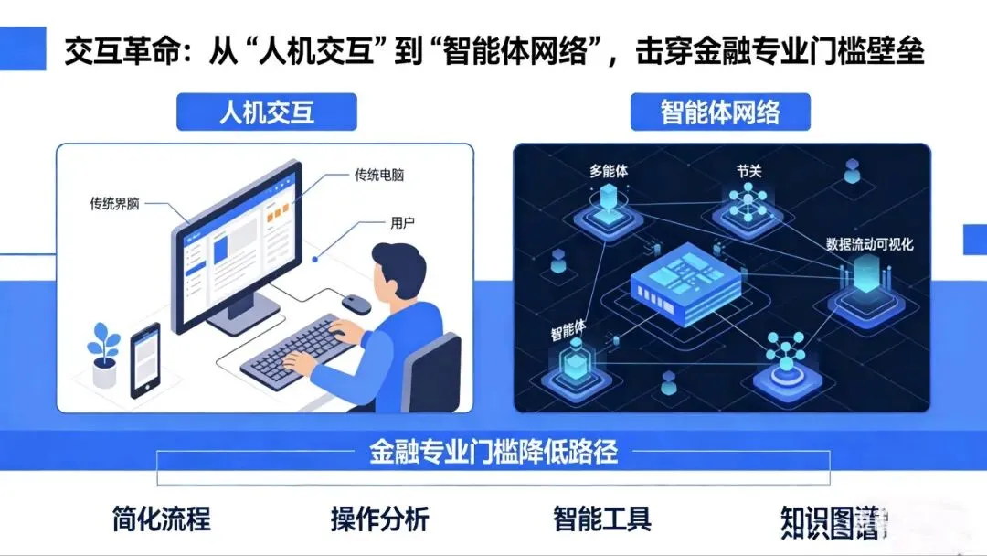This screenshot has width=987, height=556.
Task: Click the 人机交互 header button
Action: pyautogui.click(x=266, y=112)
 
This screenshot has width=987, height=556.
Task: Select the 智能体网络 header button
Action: pyautogui.click(x=720, y=112)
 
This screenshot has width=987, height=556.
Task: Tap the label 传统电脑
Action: pyautogui.click(x=378, y=175)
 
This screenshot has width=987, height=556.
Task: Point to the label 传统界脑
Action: pyautogui.click(x=114, y=203)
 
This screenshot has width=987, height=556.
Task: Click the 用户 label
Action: pyautogui.click(x=403, y=222)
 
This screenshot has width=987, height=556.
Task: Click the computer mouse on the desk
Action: pyautogui.click(x=356, y=303)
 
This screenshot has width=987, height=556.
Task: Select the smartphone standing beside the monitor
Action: pyautogui.click(x=145, y=359)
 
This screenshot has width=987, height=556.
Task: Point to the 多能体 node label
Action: pyautogui.click(x=609, y=170)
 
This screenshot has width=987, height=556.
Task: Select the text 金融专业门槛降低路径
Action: pyautogui.click(x=494, y=451)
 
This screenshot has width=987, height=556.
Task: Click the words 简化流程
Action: pyautogui.click(x=162, y=519)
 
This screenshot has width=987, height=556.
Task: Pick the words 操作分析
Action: pyautogui.click(x=379, y=519)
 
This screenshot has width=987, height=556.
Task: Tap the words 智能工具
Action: pyautogui.click(x=602, y=519)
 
